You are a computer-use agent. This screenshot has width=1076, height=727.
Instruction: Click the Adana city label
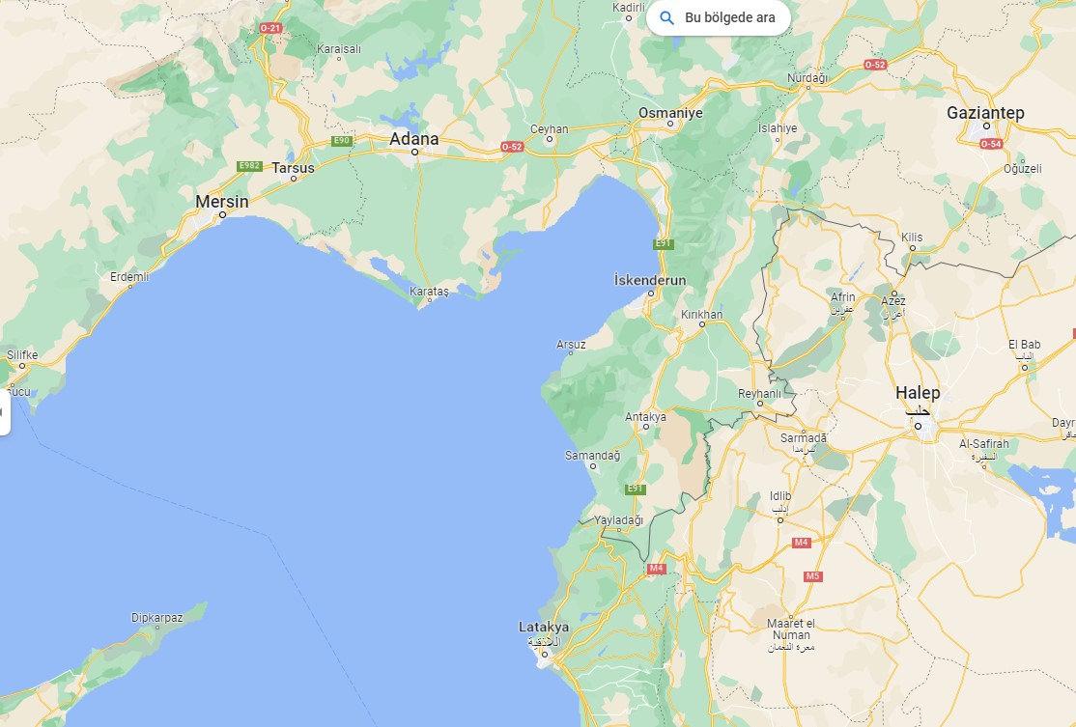click(413, 139)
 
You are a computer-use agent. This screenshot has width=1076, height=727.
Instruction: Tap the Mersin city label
click(221, 202)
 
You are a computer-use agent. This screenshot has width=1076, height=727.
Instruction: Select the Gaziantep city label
click(985, 113)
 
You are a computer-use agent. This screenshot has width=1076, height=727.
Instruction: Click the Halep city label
click(917, 393)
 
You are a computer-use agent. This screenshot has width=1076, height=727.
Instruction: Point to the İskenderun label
click(650, 280)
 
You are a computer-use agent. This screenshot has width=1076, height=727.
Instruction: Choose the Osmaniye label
click(670, 113)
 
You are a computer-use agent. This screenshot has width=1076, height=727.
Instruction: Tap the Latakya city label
click(543, 628)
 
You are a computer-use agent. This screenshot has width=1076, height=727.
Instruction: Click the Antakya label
click(646, 417)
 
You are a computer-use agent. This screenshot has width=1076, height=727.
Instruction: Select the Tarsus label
click(293, 168)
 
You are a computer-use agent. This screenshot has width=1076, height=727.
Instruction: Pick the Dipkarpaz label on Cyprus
click(156, 617)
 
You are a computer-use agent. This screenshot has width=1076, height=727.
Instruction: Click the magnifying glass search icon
click(666, 17)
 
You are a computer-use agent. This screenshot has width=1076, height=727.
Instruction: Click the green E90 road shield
click(341, 141)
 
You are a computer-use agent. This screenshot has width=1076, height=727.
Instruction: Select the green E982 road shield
click(249, 166)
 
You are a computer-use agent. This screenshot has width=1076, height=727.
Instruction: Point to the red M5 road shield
click(812, 576)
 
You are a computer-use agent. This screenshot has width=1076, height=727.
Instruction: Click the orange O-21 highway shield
click(270, 28)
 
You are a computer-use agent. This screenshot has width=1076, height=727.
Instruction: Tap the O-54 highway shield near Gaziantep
click(991, 144)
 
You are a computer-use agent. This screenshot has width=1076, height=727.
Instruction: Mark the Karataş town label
click(430, 291)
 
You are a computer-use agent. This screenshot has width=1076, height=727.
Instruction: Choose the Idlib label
click(780, 496)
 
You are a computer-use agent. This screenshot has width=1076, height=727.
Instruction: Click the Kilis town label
click(912, 237)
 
